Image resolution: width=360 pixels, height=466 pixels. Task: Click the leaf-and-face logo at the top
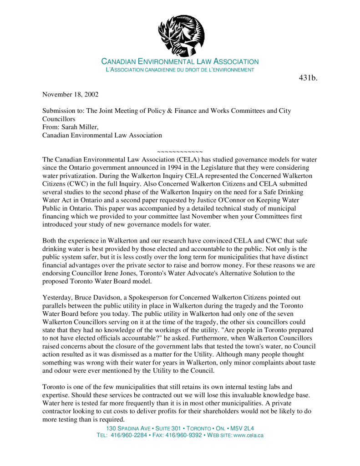pos(181,35)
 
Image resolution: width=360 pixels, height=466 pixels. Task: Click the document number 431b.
pos(308,78)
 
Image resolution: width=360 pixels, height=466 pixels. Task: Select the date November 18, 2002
pos(71,95)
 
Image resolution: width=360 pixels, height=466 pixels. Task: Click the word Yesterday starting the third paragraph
pos(57,298)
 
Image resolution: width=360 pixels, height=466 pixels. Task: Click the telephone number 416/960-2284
pos(129,435)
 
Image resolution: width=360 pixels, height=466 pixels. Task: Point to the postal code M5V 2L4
pos(242,428)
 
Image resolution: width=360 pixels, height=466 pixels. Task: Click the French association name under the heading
pos(180,70)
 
